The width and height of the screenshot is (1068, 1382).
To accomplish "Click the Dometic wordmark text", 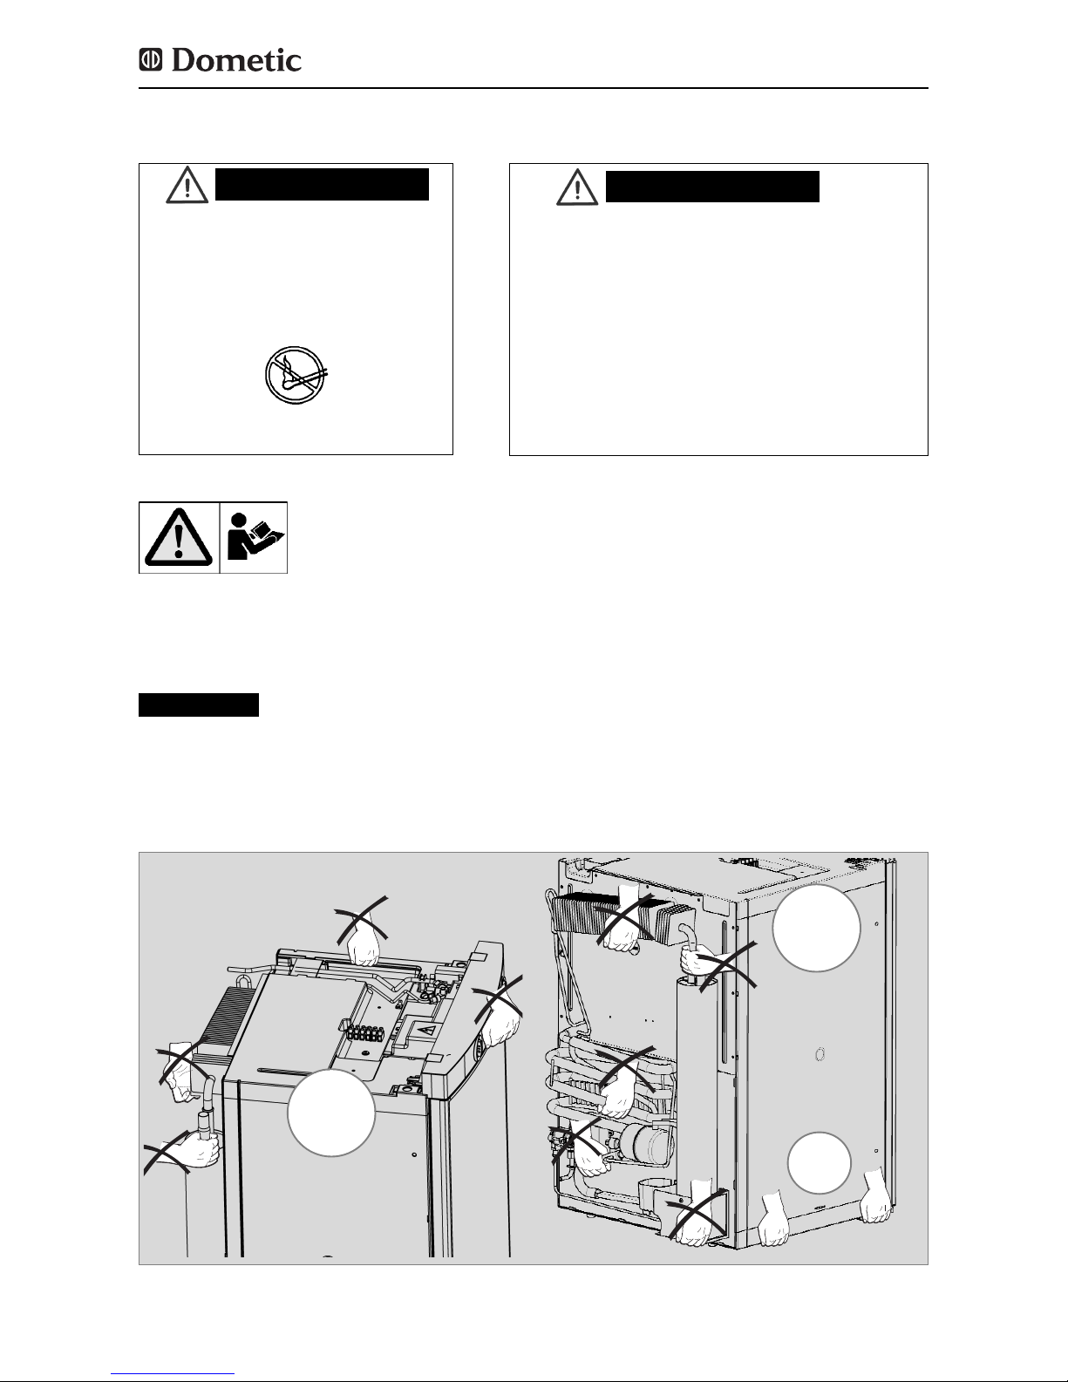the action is click(236, 60).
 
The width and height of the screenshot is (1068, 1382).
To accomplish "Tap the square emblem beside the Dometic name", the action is click(151, 60).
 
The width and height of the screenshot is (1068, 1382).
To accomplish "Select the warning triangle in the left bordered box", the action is click(187, 185).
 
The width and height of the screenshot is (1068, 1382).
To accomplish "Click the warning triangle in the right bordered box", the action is click(577, 187).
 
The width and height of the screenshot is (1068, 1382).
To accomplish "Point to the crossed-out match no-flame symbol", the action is click(295, 375).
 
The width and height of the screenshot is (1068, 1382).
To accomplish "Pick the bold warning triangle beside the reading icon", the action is click(179, 537).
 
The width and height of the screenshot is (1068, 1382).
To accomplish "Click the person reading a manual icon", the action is click(255, 537).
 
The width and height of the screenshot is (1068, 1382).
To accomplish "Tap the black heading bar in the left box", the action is click(322, 185).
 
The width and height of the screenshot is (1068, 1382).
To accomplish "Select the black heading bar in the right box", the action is click(712, 187).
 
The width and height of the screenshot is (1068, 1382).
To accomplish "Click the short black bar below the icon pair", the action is click(199, 705).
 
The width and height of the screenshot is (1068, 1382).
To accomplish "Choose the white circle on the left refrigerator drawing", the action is click(330, 1113).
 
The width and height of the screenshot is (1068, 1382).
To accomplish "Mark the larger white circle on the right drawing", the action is click(816, 928).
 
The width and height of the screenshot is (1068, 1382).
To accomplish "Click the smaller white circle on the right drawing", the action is click(820, 1162).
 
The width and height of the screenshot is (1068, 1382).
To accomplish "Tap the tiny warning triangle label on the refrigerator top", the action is click(427, 1029).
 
